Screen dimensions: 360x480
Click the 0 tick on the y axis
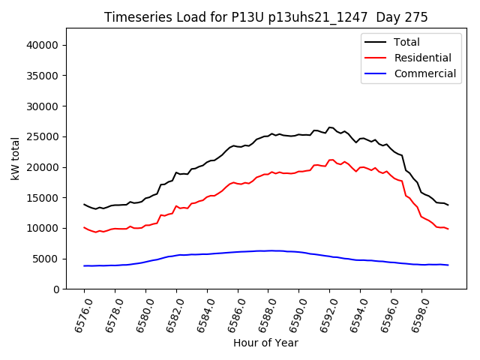pos(56,289)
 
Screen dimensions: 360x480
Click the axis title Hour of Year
pos(265,343)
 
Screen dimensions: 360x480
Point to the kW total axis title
pos(15,158)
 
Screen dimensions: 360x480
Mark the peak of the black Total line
pos(329,127)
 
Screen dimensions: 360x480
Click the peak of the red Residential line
pos(331,160)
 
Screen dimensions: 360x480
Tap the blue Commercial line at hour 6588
pos(268,250)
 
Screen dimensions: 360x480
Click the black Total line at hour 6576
pos(84,204)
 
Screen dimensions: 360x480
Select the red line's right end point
pos(448,229)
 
